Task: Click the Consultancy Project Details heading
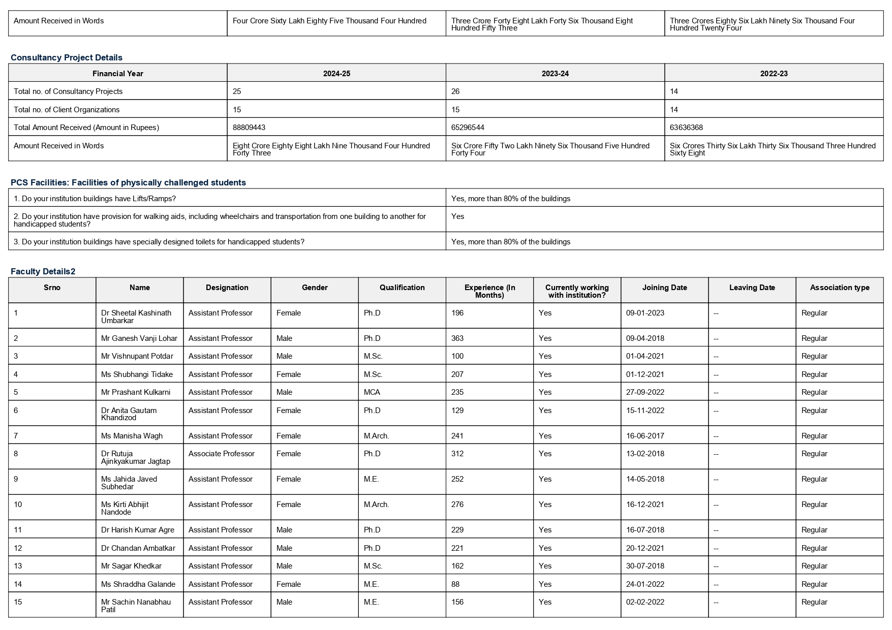coord(67,57)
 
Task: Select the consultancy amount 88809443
coord(249,128)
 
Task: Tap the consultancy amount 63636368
coord(686,128)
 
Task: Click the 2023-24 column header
coord(555,74)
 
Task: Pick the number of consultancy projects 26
coord(456,91)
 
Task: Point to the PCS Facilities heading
coord(128,182)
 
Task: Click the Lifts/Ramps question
coord(95,199)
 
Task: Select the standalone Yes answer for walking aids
coord(457,216)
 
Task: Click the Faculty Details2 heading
coord(43,271)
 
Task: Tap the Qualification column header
coord(402,288)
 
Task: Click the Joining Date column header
coord(664,288)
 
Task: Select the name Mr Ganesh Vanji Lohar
coord(139,338)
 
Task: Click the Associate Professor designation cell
coord(221,454)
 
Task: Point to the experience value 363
coord(457,338)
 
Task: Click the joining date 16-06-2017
coord(645,436)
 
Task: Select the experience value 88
coord(455,584)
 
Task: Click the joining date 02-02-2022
coord(645,602)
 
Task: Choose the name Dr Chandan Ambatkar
coord(138,548)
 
